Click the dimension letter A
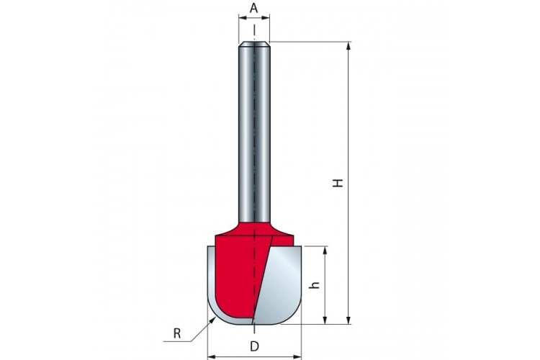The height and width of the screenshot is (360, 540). [254, 8]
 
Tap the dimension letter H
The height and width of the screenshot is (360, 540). [338, 183]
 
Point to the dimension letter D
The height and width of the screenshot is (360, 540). [254, 346]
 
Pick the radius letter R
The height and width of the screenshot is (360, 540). [177, 333]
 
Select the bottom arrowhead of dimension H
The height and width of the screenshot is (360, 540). [348, 320]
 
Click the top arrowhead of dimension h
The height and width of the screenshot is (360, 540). [325, 251]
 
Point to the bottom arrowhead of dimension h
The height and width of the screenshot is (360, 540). [325, 320]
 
